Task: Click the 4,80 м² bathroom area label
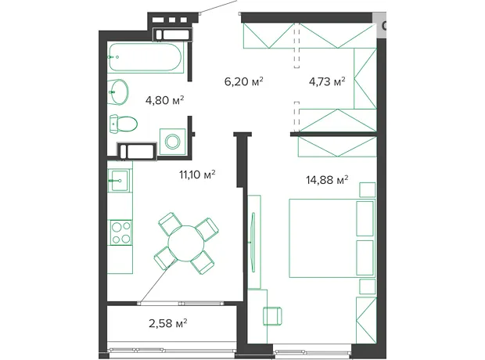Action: pos(164,100)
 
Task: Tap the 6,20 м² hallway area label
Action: pos(244,81)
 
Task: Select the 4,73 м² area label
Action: pos(327,81)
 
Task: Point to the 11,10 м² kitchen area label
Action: pos(197,175)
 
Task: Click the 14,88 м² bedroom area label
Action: pos(327,179)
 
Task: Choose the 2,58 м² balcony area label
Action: pos(167,323)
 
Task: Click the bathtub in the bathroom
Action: pos(145,57)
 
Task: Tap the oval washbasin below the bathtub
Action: pos(118,92)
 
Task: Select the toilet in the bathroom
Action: pos(123,124)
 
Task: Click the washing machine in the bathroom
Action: pos(172,142)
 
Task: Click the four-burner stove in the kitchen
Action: pos(121,232)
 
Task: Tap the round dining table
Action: pos(186,243)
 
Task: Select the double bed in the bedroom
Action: pos(332,238)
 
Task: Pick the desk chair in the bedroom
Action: pos(272,316)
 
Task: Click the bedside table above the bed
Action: pos(368,189)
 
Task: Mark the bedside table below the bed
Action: pos(368,286)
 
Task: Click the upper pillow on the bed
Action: pos(365,219)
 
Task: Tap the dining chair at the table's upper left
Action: pos(170,224)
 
